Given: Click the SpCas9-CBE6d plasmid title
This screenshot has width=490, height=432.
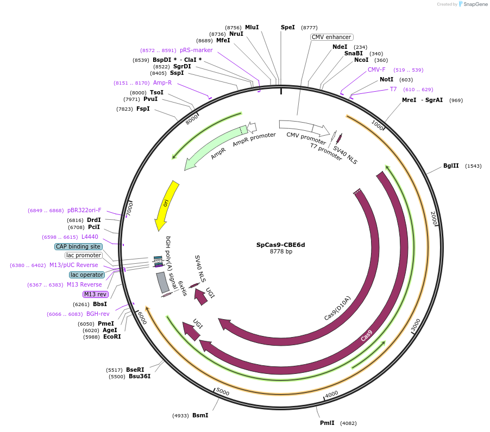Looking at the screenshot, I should (280, 245).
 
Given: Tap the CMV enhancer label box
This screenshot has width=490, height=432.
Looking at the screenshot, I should (331, 37).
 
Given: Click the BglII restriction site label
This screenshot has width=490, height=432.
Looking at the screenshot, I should (451, 166).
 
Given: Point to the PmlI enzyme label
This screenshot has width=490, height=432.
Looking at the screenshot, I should (327, 423).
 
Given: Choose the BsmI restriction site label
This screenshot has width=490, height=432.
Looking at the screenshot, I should (200, 415).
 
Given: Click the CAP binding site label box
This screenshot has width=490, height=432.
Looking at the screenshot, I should (78, 246).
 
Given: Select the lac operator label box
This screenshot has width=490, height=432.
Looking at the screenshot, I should (87, 275).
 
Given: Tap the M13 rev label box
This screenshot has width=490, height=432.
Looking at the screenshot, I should (96, 294).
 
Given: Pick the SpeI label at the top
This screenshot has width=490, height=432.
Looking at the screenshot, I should (288, 27).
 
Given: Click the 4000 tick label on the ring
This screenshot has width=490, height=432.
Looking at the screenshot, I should (331, 393).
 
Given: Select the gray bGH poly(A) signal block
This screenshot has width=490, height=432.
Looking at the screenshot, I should (162, 283).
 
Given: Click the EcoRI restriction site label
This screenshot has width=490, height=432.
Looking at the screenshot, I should (112, 336).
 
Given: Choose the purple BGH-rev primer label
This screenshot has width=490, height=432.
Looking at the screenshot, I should (98, 314).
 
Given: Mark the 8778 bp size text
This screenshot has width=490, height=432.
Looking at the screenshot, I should (281, 252).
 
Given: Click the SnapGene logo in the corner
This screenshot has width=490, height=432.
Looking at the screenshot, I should (471, 4).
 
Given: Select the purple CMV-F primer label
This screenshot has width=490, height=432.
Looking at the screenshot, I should (376, 69).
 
